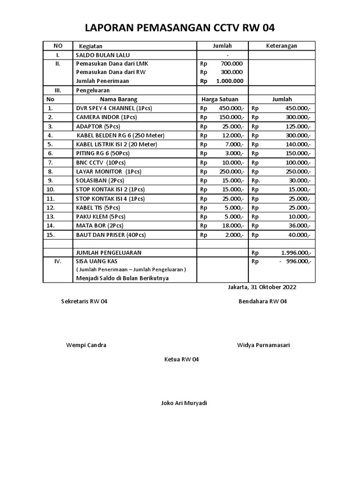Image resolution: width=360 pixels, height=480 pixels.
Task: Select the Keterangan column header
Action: click(x=281, y=45)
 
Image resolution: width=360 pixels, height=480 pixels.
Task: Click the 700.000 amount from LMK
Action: click(x=231, y=63)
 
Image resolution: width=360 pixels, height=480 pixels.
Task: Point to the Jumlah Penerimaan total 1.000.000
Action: click(x=230, y=81)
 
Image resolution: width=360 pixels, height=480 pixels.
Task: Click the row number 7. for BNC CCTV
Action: click(x=50, y=163)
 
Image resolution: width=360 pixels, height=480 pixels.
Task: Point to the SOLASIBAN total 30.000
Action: click(x=300, y=180)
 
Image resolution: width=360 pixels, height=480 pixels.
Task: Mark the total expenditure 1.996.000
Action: click(x=296, y=253)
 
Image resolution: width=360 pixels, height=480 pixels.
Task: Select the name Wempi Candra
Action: click(x=86, y=345)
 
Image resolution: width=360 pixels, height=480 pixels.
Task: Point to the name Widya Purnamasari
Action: click(x=263, y=345)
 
